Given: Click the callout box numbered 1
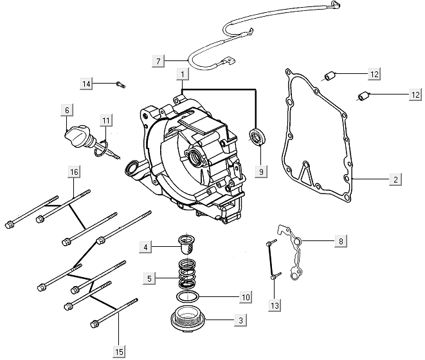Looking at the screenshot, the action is click(183, 74).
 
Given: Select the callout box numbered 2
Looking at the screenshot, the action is click(395, 179).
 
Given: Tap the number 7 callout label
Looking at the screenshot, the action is click(158, 61).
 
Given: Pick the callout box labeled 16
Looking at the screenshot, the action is click(74, 172).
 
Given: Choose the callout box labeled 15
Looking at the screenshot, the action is click(119, 352).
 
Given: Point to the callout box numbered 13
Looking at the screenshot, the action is click(275, 305).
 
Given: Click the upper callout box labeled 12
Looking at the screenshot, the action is click(374, 74).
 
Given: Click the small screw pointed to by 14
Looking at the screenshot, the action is click(121, 85).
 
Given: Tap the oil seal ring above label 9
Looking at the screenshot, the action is click(257, 136).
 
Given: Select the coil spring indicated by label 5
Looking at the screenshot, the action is click(187, 273).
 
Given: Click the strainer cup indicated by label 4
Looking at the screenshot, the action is click(186, 244).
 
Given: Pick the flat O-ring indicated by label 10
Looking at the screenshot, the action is click(188, 296).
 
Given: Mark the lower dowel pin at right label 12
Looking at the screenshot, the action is click(363, 96).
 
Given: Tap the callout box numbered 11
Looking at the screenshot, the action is click(106, 120).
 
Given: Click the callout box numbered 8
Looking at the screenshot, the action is click(341, 241).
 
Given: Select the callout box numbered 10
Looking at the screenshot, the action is click(246, 298).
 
